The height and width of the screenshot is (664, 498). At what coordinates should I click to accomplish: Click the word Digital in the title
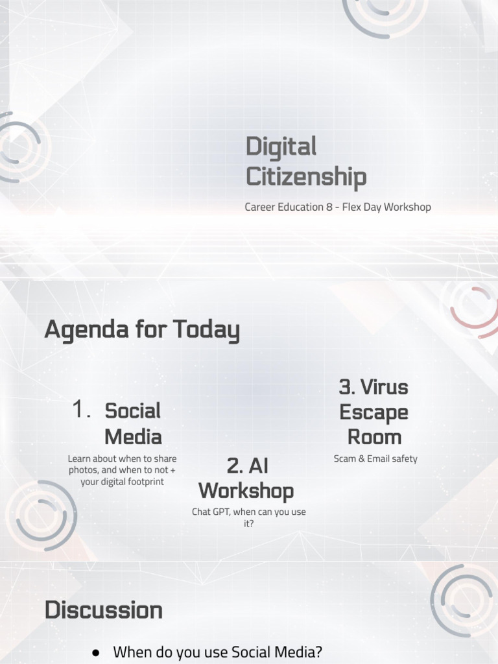tap(281, 147)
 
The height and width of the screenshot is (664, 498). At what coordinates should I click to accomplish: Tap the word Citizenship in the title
tap(305, 177)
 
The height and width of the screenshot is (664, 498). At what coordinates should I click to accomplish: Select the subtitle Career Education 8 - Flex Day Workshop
tap(337, 207)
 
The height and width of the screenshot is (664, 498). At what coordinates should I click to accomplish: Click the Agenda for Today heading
tap(142, 331)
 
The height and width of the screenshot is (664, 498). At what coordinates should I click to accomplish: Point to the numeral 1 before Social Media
tap(80, 410)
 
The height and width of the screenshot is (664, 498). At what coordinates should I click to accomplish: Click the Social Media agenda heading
tap(133, 423)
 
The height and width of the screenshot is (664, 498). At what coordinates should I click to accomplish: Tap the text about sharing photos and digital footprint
tap(122, 470)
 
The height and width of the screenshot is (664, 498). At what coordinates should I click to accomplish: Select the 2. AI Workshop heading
tap(246, 478)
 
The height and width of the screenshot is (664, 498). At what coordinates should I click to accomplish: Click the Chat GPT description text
tap(248, 517)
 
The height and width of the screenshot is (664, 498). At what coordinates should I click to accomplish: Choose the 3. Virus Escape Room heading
tap(374, 412)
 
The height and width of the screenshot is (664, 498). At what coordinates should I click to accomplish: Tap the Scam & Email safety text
tap(375, 458)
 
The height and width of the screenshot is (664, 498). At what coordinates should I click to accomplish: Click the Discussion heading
tap(103, 610)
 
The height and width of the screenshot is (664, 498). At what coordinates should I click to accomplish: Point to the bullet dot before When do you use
tap(95, 651)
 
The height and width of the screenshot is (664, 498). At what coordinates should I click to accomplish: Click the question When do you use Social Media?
tap(217, 652)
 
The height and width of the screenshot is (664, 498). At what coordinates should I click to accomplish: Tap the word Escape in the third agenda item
tap(374, 412)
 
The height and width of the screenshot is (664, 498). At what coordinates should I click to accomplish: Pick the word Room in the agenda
tap(374, 436)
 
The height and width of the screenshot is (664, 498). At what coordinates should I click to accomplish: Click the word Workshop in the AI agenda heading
tap(246, 491)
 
